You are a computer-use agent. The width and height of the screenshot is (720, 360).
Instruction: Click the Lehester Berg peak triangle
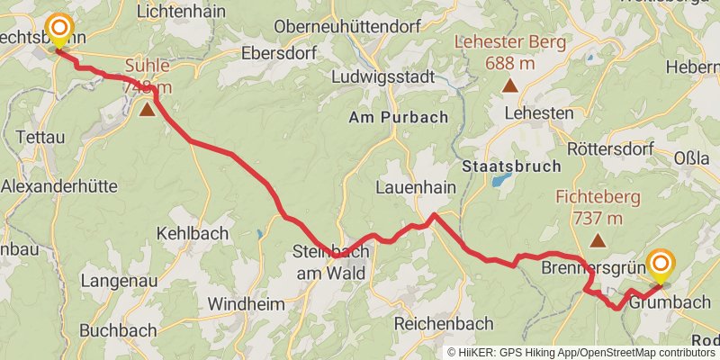pyautogui.click(x=510, y=86)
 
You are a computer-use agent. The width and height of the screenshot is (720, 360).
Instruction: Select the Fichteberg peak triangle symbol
pyautogui.click(x=598, y=240)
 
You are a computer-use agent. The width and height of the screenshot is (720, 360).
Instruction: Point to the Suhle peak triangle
pyautogui.click(x=147, y=110)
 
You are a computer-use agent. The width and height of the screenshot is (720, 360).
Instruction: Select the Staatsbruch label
pyautogui.click(x=511, y=166)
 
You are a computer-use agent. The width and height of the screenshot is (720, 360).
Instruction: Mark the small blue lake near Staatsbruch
pyautogui.click(x=498, y=180)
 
